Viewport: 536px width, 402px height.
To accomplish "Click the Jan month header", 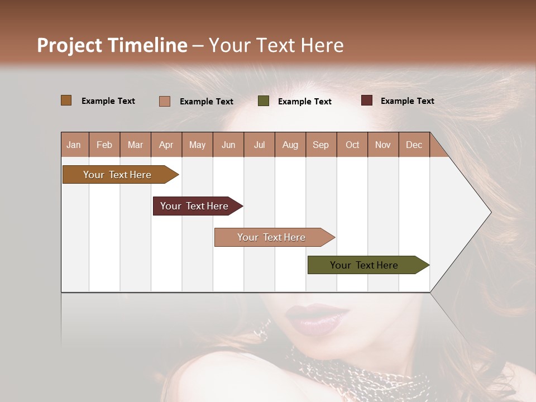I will [74, 145].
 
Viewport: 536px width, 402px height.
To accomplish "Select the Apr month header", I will [166, 145].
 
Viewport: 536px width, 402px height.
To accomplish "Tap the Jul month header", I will [260, 145].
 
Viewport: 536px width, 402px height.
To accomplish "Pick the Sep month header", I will [321, 145].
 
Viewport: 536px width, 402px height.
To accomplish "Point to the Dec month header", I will [414, 145].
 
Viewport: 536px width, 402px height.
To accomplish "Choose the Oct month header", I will [352, 145].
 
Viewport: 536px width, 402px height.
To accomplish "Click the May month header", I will [197, 145].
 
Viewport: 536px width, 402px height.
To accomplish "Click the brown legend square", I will [66, 100].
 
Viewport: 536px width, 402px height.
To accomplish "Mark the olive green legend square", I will [264, 101].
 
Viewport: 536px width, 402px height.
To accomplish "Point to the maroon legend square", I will [367, 100].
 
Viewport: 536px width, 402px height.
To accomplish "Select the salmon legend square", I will [165, 101].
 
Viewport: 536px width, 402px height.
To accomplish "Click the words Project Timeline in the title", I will [112, 45].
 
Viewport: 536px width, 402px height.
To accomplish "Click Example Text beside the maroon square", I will [407, 101].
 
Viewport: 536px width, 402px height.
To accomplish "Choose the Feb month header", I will [104, 145].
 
